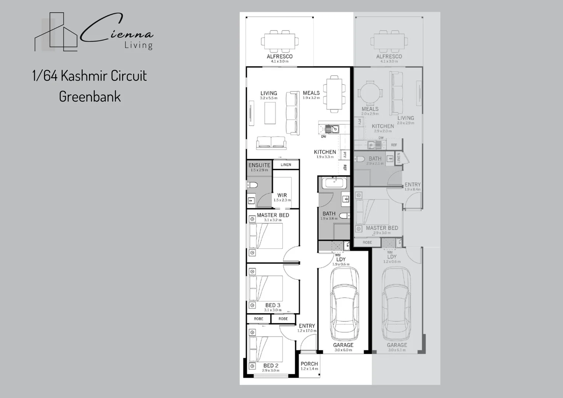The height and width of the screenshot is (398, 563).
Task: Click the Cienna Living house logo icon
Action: click(56, 32)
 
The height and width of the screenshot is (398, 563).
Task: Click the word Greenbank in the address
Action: click(90, 97)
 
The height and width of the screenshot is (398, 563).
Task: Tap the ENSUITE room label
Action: click(259, 165)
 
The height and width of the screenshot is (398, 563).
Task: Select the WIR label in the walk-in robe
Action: click(282, 195)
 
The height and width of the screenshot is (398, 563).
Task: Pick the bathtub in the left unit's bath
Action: click(334, 183)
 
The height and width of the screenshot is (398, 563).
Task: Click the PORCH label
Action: click(309, 364)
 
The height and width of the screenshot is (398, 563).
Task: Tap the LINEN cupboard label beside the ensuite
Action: click(286, 165)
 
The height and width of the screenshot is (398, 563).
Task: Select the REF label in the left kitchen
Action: click(345, 168)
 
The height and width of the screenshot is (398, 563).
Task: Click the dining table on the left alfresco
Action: click(280, 41)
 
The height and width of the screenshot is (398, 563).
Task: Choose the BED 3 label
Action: click(273, 305)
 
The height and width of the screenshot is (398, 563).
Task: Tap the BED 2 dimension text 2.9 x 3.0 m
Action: click(271, 370)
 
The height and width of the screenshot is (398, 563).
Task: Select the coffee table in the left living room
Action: click(270, 113)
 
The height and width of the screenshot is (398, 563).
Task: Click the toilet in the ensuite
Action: click(253, 185)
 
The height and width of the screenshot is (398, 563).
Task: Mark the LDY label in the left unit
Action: click(341, 259)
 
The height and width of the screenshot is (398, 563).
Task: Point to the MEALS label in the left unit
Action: click(311, 93)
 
